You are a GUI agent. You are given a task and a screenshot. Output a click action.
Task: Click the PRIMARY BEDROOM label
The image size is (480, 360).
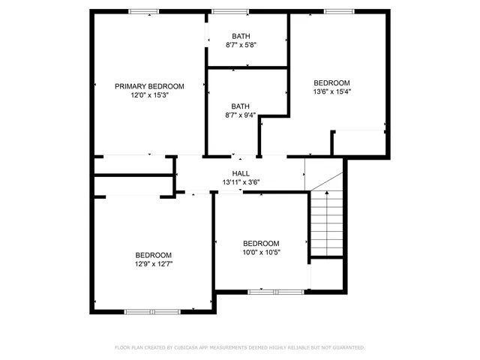(149, 86)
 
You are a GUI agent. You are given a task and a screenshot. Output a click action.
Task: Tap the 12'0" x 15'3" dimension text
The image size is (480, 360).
(149, 95)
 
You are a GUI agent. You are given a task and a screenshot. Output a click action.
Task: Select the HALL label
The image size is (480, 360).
(241, 173)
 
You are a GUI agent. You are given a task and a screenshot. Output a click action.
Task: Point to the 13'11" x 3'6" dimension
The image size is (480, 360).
(241, 182)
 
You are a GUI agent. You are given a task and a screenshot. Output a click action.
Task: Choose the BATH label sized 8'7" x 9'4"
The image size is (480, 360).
(241, 106)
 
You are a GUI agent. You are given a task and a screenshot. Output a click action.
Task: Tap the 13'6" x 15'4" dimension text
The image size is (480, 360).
(331, 91)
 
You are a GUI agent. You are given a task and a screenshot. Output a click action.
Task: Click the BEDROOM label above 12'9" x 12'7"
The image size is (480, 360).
(153, 255)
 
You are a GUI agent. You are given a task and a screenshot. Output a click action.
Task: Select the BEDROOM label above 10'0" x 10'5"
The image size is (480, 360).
(261, 244)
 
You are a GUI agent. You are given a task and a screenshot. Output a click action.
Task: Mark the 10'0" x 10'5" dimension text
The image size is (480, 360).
(261, 253)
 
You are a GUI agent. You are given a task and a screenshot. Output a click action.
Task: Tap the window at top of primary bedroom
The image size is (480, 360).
(142, 11)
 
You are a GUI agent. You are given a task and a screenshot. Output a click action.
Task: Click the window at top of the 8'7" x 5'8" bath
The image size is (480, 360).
(229, 11)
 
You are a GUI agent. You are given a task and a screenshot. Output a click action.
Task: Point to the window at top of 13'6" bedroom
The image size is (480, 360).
(339, 11)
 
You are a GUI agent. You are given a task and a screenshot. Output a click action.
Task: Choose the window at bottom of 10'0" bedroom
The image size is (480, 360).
(264, 291)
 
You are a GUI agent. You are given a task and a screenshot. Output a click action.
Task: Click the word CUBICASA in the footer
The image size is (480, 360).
(188, 348)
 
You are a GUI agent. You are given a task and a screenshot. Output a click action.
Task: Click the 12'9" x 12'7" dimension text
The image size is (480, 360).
(153, 264)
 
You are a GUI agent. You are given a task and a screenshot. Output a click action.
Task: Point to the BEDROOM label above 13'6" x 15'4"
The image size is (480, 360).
(331, 82)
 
